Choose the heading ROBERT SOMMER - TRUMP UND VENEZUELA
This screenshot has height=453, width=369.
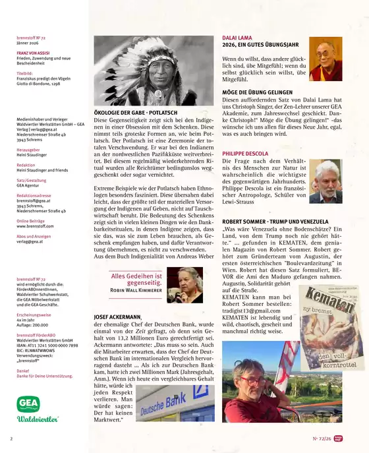click(275, 221)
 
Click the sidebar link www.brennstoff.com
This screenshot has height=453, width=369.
click(36, 226)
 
